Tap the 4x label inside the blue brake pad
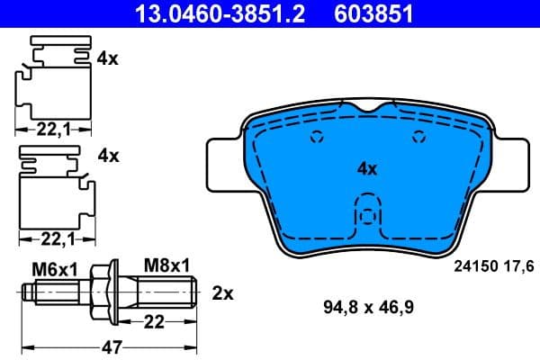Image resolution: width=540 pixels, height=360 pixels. point(366,167)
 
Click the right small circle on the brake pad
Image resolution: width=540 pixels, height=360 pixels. point(417,138)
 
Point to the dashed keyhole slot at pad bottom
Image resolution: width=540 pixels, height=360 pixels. point(366,219)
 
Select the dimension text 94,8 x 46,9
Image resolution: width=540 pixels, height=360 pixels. point(368,306)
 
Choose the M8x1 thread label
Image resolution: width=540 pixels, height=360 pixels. point(166,265)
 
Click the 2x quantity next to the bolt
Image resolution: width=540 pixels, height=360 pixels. point(222,292)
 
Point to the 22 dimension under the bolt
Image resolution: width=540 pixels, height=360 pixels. point(156,321)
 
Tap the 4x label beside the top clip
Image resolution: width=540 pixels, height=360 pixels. point(108,58)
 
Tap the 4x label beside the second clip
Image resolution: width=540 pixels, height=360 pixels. point(108,155)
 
